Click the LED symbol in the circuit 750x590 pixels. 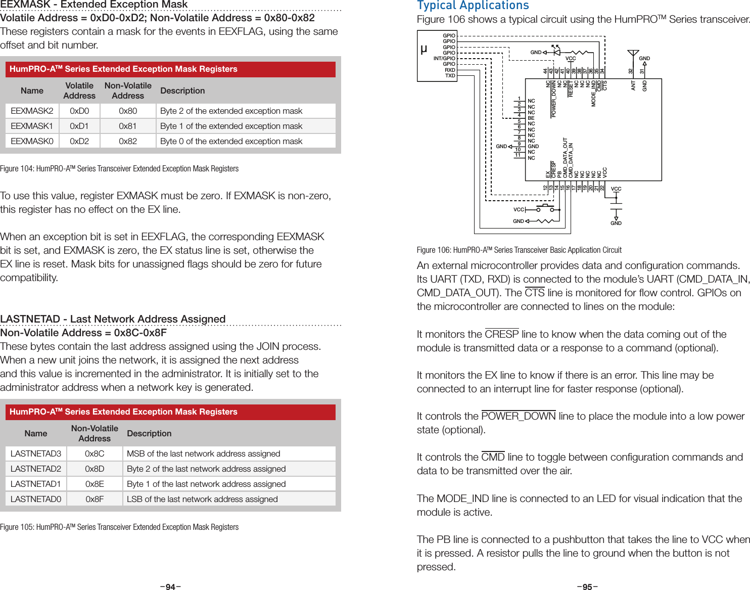556,52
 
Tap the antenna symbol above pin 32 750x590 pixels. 632,54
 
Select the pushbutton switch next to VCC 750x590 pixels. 545,208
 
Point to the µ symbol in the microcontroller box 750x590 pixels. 424,49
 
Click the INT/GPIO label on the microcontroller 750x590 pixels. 444,59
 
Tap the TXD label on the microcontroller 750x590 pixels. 450,76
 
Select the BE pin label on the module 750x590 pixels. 531,118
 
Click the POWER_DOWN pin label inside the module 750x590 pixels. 554,99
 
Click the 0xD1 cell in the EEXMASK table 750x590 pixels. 79,126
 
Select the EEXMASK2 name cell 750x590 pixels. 32,111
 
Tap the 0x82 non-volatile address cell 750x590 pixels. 128,141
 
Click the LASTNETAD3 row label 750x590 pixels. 36,453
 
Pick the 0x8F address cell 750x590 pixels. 95,499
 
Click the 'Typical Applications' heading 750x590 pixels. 473,6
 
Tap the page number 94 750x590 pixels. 170,586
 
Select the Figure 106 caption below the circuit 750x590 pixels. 519,250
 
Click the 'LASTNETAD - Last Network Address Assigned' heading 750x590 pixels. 113,319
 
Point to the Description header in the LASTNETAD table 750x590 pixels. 149,433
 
